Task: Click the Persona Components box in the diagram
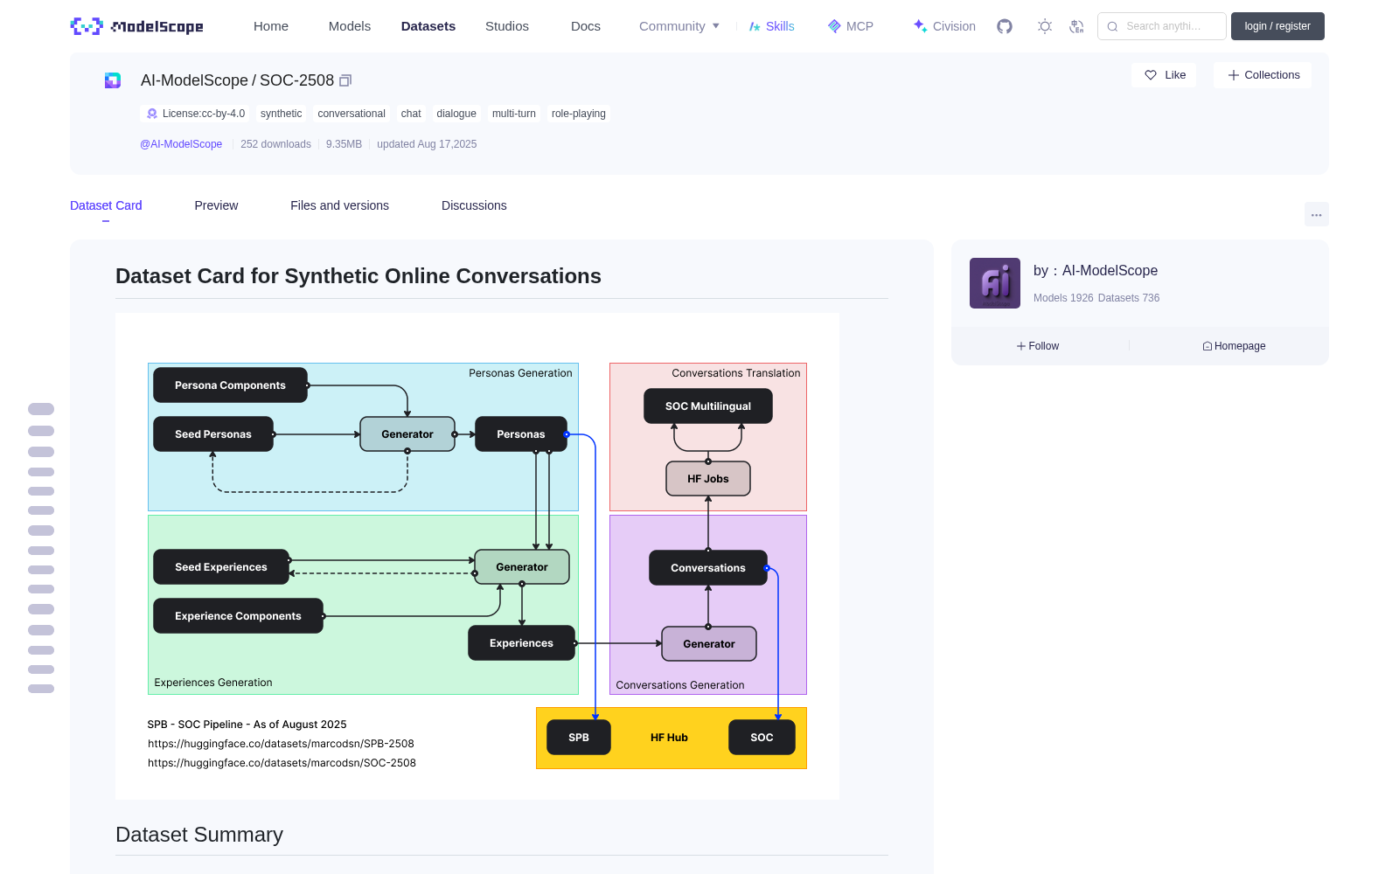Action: coord(230,385)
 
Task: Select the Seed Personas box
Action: coord(213,434)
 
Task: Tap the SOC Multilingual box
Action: coord(707,406)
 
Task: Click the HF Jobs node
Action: coord(707,479)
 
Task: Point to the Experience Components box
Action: coord(238,615)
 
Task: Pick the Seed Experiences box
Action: coord(221,567)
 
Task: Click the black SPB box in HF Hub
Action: coord(578,738)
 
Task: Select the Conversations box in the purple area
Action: coord(707,567)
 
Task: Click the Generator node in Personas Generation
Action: coord(407,434)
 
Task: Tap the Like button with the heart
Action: coord(1164,75)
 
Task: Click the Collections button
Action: coord(1263,75)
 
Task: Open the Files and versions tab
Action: coord(340,205)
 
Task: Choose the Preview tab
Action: coord(216,205)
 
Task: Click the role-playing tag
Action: coord(578,114)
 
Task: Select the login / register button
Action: coord(1277,26)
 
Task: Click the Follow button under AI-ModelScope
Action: coord(1037,346)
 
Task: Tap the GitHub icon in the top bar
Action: coord(1005,26)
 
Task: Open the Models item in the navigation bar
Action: coord(350,26)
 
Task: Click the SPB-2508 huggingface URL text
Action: coord(281,744)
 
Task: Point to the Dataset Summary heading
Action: coord(199,835)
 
